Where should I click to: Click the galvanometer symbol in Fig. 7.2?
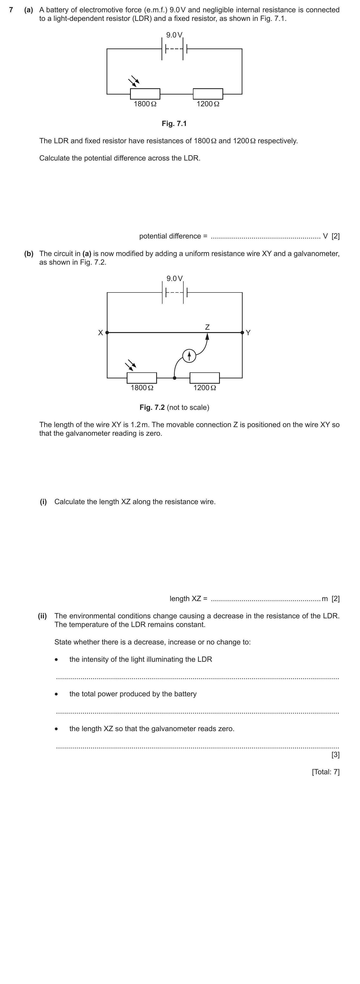point(189,356)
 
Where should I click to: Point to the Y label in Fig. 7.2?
point(248,333)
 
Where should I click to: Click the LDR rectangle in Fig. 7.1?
point(145,94)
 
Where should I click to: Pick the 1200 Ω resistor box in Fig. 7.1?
point(208,94)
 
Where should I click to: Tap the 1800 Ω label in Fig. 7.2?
point(142,388)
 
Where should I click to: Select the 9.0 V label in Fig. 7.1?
point(174,35)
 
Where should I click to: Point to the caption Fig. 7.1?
point(174,123)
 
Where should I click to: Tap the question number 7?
point(11,10)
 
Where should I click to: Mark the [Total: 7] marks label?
point(326,772)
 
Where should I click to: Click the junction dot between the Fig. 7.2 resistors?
point(175,378)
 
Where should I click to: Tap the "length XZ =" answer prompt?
point(188,599)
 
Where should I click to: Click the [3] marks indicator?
point(335,754)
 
